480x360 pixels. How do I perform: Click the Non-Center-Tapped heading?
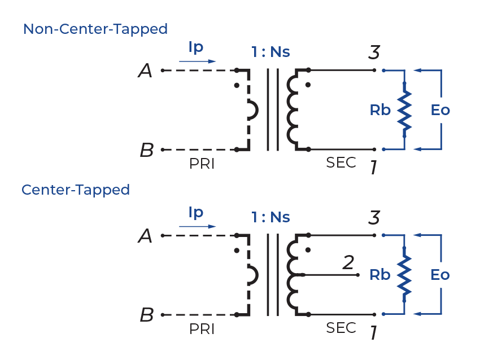pos(95,29)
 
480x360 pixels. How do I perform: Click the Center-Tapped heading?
pos(76,190)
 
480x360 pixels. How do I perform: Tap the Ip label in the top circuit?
pos(195,48)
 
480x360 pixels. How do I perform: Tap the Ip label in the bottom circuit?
pos(195,213)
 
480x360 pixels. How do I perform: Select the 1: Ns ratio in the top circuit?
pos(270,52)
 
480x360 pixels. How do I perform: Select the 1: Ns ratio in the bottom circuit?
pos(270,217)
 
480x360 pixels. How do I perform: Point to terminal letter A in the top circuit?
pos(145,71)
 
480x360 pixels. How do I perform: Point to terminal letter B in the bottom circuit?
pos(146,315)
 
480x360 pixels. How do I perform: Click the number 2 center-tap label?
pos(349,263)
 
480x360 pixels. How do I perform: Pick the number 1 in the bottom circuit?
pos(373,333)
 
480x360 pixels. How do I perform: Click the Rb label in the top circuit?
pos(380,110)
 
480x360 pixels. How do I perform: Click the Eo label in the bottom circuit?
pos(440,275)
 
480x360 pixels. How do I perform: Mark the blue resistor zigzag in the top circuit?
pos(405,110)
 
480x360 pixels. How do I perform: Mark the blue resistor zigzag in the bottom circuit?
pos(405,275)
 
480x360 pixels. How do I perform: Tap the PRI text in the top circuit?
pos(202,164)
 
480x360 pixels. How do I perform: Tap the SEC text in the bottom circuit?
pos(341,328)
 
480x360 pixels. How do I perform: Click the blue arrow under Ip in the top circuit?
pos(197,62)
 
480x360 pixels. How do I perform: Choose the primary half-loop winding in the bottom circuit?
pos(252,275)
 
